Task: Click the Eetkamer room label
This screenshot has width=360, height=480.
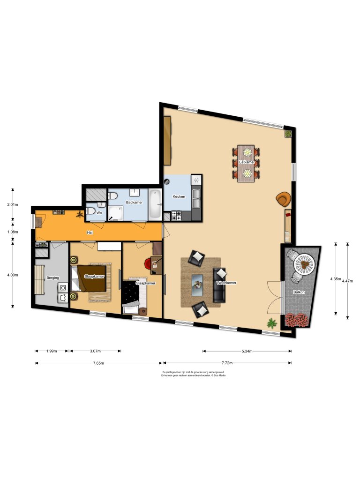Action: coord(247,162)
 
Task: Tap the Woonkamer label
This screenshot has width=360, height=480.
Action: coord(226,283)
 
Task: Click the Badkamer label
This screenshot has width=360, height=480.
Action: coord(135,202)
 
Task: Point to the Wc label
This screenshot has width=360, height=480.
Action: coord(99,213)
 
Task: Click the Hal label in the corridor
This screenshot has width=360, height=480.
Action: coord(90,232)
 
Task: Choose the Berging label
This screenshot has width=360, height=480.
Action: coord(52,278)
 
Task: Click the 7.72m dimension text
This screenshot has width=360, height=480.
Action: coord(227,363)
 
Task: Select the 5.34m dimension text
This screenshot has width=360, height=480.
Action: coord(247,351)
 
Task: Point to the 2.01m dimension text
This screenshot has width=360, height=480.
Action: coord(13,205)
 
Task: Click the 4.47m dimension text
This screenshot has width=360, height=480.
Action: coord(347,281)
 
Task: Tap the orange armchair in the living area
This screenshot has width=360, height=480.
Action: coord(283,199)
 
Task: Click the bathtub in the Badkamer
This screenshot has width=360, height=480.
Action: coord(155,204)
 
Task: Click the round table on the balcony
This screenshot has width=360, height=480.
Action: coord(304,264)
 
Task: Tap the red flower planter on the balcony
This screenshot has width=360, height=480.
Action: coord(296,320)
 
